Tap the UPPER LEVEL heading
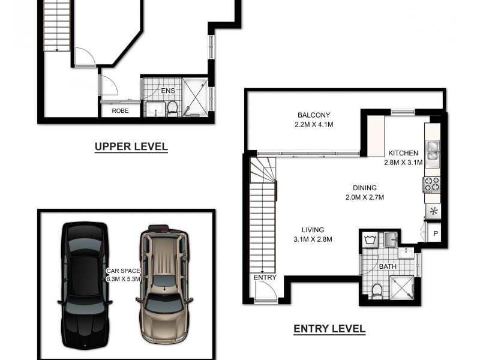click(x=131, y=146)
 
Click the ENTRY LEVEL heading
click(x=329, y=329)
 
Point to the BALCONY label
click(x=314, y=115)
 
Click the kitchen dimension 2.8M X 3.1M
click(x=403, y=162)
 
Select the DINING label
click(x=364, y=188)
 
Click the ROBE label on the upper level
click(x=121, y=111)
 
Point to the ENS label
click(x=168, y=91)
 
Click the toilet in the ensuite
click(x=172, y=109)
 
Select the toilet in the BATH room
click(x=377, y=290)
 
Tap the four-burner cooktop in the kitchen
click(x=432, y=185)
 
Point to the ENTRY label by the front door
click(x=265, y=277)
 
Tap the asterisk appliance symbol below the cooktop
click(x=433, y=211)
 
